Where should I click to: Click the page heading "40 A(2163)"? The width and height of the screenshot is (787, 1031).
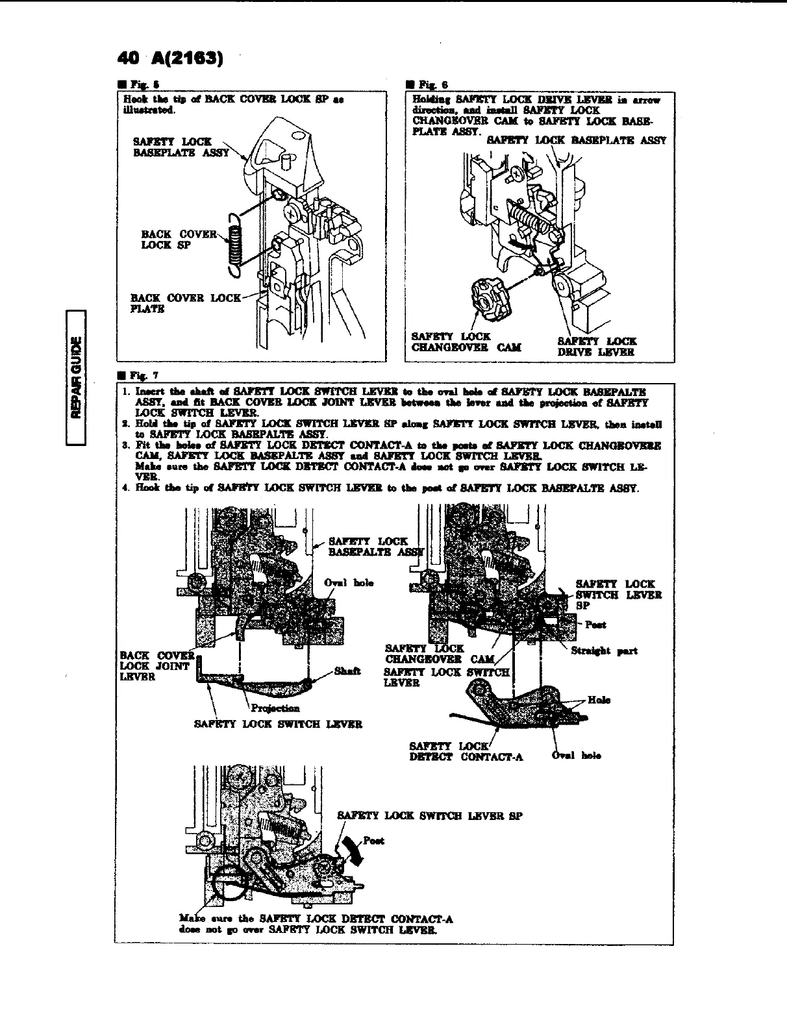(x=169, y=58)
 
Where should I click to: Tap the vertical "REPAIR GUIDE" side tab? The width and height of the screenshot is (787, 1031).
(x=77, y=378)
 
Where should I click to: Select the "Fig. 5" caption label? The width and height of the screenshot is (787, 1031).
(x=138, y=84)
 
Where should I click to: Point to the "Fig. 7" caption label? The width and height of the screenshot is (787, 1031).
(x=138, y=375)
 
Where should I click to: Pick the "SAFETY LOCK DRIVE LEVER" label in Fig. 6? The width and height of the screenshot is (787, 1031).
(x=597, y=347)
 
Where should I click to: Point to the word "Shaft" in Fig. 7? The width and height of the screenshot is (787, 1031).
(x=345, y=671)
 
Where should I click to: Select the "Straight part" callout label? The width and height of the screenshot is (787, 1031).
(x=604, y=651)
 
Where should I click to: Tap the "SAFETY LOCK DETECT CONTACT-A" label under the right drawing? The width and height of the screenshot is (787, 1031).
(x=466, y=751)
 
